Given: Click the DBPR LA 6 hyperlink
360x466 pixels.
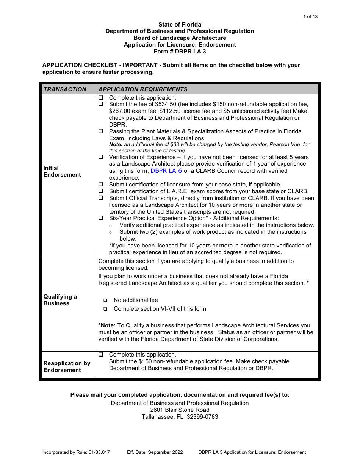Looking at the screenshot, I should [166, 171].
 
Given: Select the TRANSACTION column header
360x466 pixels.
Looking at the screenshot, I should [65, 89].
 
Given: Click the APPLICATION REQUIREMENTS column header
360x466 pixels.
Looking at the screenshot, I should [143, 89].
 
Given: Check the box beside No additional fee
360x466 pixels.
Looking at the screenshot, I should [105, 300].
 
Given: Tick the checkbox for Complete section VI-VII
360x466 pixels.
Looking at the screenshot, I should [105, 309].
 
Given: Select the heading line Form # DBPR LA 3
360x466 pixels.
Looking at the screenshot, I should [180, 52].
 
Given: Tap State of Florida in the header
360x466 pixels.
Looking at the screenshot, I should [180, 24].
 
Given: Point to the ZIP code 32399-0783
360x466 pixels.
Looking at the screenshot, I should [201, 417].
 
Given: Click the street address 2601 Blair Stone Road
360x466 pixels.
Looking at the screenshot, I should [180, 410].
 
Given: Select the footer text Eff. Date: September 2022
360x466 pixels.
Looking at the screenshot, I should [155, 452].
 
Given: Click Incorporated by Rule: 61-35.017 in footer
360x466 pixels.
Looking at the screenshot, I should [76, 452].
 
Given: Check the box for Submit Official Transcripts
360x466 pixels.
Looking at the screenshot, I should [101, 198].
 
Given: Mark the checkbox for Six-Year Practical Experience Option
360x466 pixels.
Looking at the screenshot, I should [101, 219].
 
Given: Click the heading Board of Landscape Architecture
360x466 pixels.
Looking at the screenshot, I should [180, 38].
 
